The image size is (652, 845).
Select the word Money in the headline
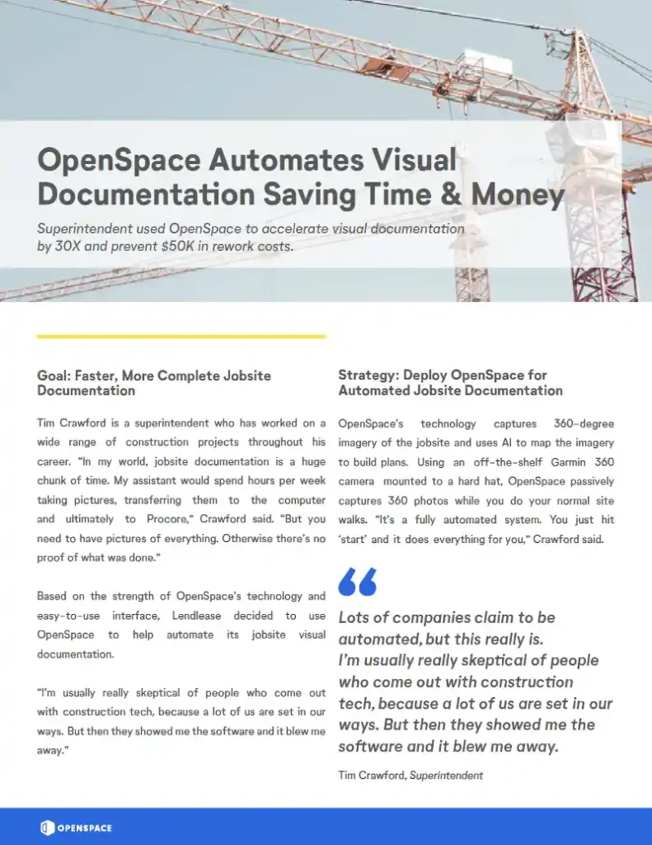coord(518,195)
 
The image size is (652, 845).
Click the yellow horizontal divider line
coord(181,337)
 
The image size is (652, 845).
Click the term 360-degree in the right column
coord(584,423)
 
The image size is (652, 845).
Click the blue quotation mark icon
coord(357,582)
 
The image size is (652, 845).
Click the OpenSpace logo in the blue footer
coord(76,828)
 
